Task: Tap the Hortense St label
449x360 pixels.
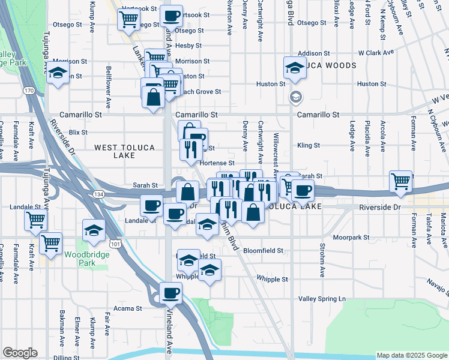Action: pyautogui.click(x=217, y=163)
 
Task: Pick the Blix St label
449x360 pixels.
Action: pyautogui.click(x=78, y=132)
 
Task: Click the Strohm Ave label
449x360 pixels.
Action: pyautogui.click(x=322, y=265)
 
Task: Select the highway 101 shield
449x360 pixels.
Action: pyautogui.click(x=115, y=244)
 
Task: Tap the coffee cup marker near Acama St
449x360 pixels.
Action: pyautogui.click(x=171, y=293)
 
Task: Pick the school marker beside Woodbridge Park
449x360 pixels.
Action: pyautogui.click(x=94, y=231)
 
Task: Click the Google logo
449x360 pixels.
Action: pyautogui.click(x=20, y=353)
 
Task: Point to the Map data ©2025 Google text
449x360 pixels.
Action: pyautogui.click(x=412, y=355)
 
